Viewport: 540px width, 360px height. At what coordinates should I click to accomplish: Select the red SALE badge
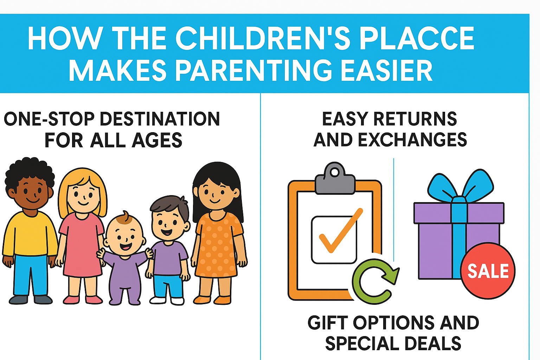point(488,271)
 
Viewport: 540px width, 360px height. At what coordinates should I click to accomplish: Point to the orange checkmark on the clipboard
point(339,232)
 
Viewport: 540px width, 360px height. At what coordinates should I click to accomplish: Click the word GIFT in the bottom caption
point(328,323)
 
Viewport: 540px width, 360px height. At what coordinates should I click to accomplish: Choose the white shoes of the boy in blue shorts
point(167,301)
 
